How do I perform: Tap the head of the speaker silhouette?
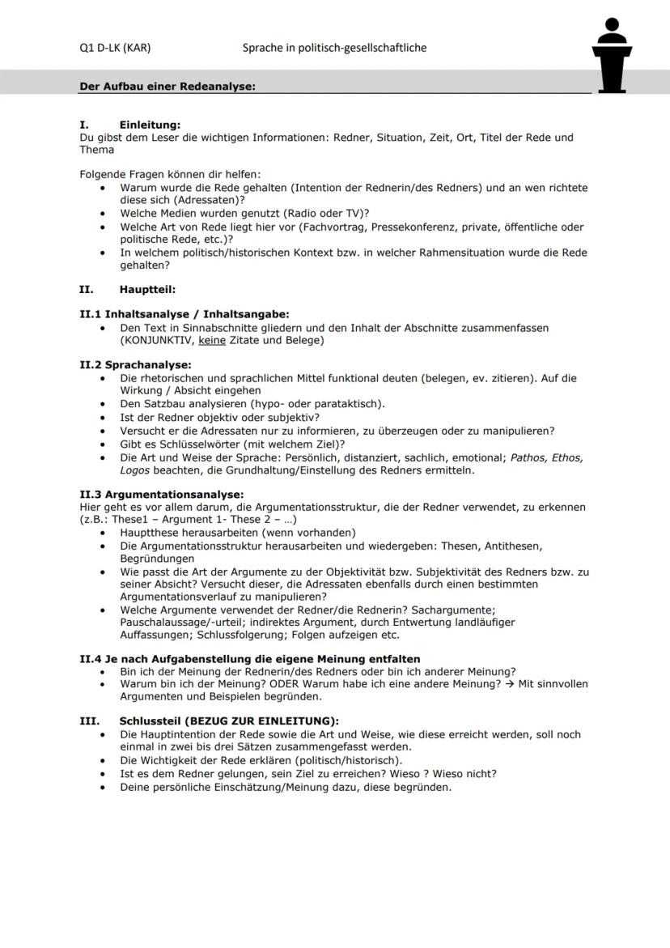point(612,26)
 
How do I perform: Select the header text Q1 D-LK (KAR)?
point(115,48)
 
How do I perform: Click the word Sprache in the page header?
point(262,48)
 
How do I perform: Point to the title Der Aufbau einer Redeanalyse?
point(167,87)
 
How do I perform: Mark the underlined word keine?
point(212,340)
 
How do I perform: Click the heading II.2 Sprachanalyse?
point(135,365)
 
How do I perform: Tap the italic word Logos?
point(134,470)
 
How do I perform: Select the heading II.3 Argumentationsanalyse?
point(161,494)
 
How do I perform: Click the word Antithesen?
point(514,546)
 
